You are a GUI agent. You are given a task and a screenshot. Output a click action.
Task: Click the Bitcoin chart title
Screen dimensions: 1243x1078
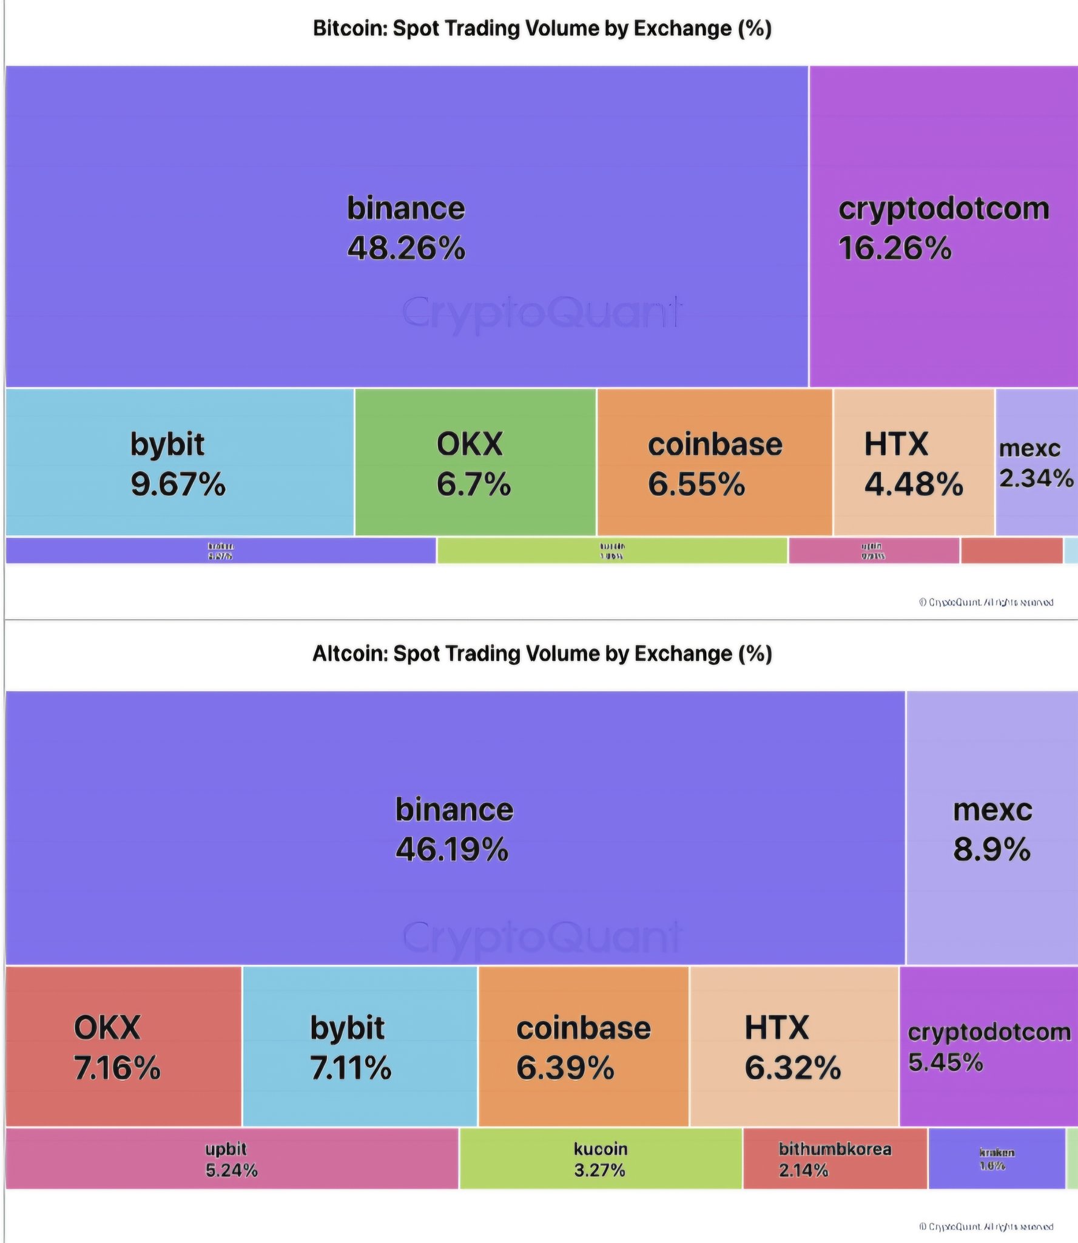point(542,29)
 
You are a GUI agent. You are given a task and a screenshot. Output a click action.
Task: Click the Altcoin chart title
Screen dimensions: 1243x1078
point(542,654)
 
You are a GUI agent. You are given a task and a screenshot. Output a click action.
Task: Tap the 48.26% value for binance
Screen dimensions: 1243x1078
point(406,248)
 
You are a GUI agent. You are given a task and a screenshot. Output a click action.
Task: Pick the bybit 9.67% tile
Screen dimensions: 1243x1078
point(179,463)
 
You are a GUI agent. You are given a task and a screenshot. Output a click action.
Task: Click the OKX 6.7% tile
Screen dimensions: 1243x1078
point(474,463)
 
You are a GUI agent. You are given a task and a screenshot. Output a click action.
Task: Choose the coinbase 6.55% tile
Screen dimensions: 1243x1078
point(714,463)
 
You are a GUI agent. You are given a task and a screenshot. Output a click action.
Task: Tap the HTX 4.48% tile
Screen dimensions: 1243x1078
point(913,463)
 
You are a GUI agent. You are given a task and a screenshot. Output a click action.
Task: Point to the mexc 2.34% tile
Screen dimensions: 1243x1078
point(1036,463)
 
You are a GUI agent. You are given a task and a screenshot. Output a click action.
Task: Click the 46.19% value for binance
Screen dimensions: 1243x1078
point(452,849)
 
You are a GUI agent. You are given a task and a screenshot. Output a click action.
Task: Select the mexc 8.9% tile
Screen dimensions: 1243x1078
point(992,828)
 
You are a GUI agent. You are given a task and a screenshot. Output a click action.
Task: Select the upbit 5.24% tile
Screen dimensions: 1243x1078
point(231,1159)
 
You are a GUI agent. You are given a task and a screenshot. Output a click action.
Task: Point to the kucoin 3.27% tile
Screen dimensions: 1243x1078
point(600,1159)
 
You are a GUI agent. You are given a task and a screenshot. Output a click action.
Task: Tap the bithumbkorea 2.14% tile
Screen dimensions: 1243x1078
point(835,1159)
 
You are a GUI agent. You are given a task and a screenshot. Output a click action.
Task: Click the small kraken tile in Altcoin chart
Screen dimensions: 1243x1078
point(996,1159)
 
